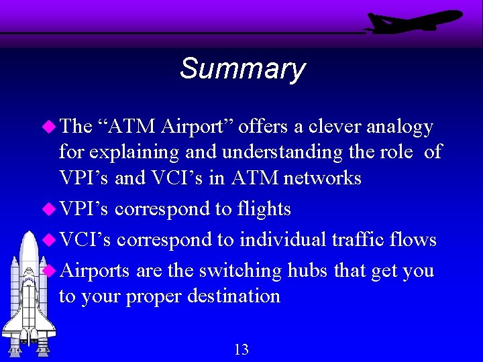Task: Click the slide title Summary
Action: coord(242,68)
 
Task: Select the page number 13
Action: coord(241,349)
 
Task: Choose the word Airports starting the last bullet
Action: coord(95,271)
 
